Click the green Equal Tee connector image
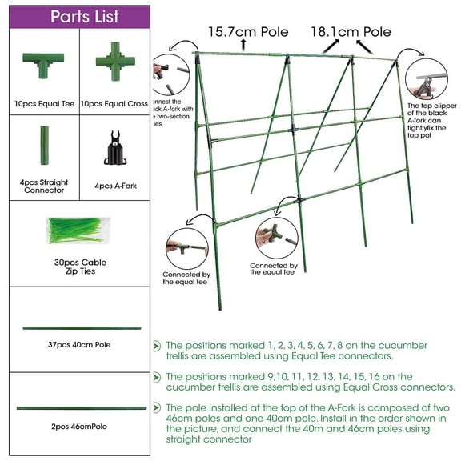[x=43, y=66]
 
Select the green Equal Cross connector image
[x=114, y=63]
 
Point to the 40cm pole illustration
[x=82, y=327]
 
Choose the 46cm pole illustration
[x=81, y=408]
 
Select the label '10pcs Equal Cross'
[x=115, y=104]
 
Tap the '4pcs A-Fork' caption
[x=115, y=186]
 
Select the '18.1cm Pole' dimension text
[x=351, y=32]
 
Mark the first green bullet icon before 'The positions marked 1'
[x=156, y=347]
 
